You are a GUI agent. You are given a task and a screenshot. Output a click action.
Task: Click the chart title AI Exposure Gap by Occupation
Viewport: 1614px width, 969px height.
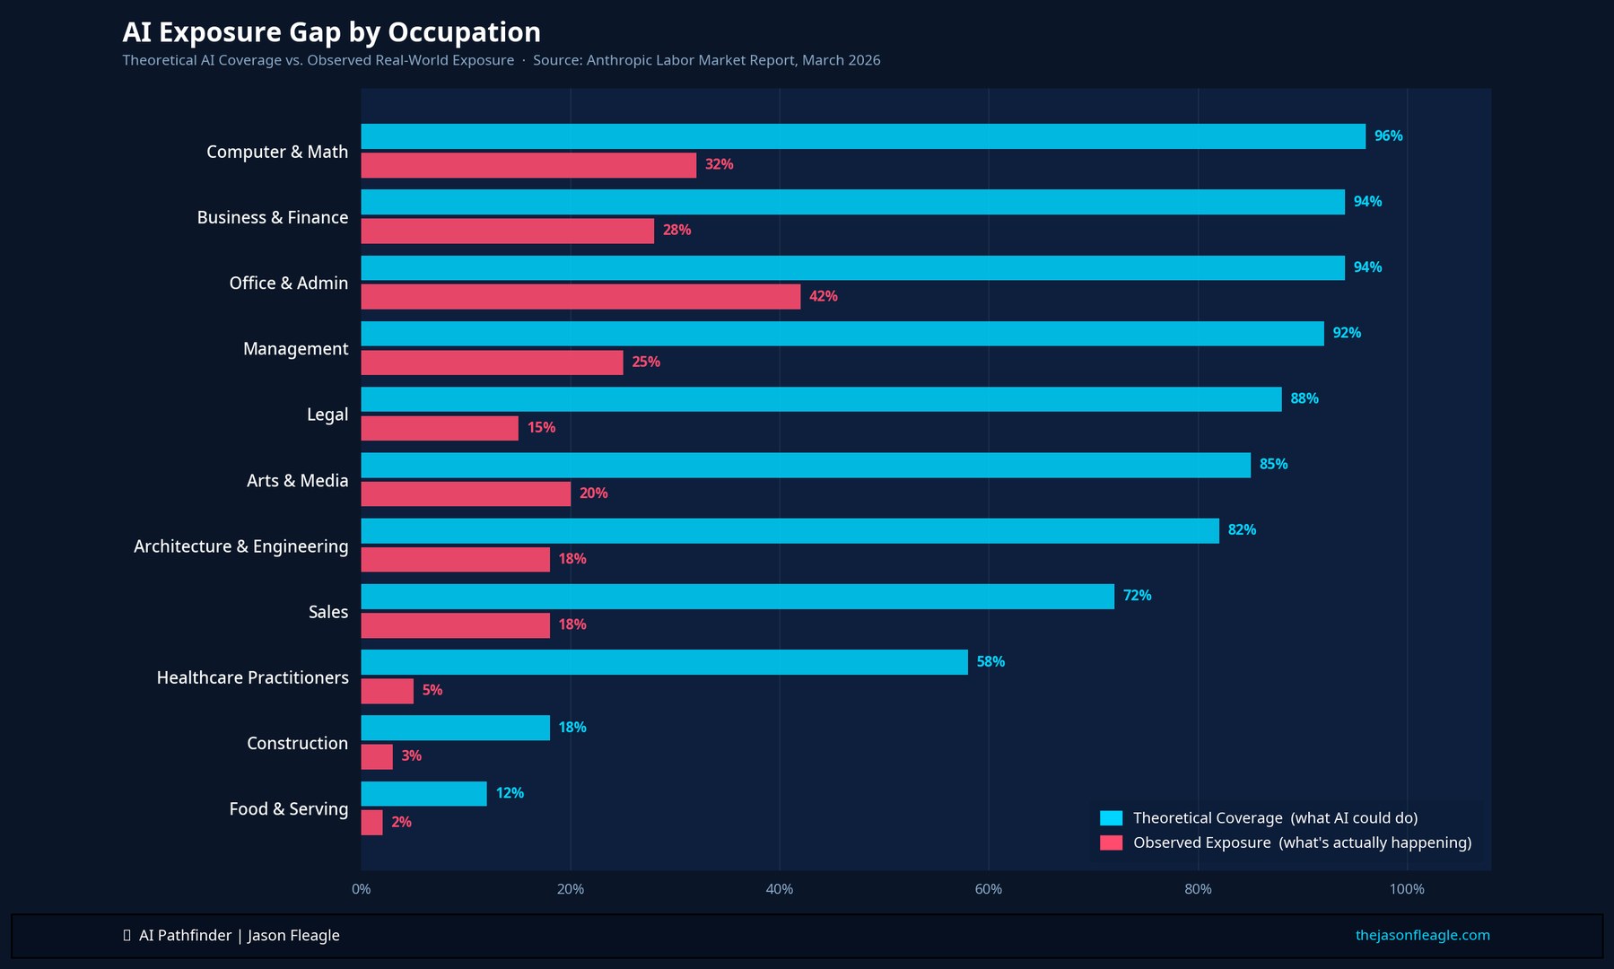[331, 32]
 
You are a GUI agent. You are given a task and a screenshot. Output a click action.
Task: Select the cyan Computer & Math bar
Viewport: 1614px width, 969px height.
[862, 136]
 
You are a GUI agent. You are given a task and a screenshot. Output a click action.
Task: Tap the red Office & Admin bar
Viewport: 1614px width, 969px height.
[580, 297]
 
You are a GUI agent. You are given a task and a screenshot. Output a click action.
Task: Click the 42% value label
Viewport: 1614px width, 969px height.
[823, 296]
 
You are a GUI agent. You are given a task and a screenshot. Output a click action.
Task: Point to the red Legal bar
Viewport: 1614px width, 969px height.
[440, 428]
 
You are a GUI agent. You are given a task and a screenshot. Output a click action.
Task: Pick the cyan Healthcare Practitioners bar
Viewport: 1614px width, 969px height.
[664, 662]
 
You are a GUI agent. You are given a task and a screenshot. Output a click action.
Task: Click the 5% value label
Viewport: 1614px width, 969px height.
[432, 690]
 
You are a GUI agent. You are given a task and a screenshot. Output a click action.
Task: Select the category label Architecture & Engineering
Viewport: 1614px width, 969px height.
[240, 546]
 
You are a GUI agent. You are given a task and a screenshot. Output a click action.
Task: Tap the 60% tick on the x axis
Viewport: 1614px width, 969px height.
[988, 889]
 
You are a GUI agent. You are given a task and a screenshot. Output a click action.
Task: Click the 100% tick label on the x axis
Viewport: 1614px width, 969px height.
[1406, 889]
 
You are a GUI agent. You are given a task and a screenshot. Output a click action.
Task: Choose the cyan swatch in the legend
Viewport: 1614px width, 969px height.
[1111, 818]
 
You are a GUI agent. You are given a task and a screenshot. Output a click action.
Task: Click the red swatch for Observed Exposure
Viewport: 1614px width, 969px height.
[1111, 843]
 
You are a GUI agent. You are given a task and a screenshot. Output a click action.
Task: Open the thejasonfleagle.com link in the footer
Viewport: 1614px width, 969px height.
[1422, 935]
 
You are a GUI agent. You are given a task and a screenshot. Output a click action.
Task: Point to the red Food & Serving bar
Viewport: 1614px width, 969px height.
[371, 823]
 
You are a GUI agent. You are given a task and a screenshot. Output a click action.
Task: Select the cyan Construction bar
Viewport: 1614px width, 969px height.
[455, 728]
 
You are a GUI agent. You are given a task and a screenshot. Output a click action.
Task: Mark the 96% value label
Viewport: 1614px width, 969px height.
[1388, 136]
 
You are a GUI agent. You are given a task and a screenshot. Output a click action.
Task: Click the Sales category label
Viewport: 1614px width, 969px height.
[327, 612]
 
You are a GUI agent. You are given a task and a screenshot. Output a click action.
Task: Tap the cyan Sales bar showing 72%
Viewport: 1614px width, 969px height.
[737, 597]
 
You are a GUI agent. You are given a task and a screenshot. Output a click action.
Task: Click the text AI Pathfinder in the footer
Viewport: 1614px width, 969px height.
[185, 936]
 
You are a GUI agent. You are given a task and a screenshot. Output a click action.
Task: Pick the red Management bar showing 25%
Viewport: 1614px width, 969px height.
[492, 362]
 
